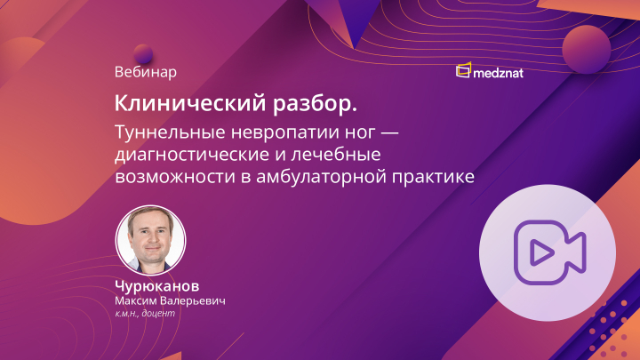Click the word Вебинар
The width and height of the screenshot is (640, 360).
146,70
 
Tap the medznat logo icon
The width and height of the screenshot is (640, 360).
463,71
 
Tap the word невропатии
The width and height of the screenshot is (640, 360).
276,132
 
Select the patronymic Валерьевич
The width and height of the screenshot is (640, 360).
195,301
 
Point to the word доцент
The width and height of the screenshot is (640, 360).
162,314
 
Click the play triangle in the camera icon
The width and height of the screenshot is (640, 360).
539,253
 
